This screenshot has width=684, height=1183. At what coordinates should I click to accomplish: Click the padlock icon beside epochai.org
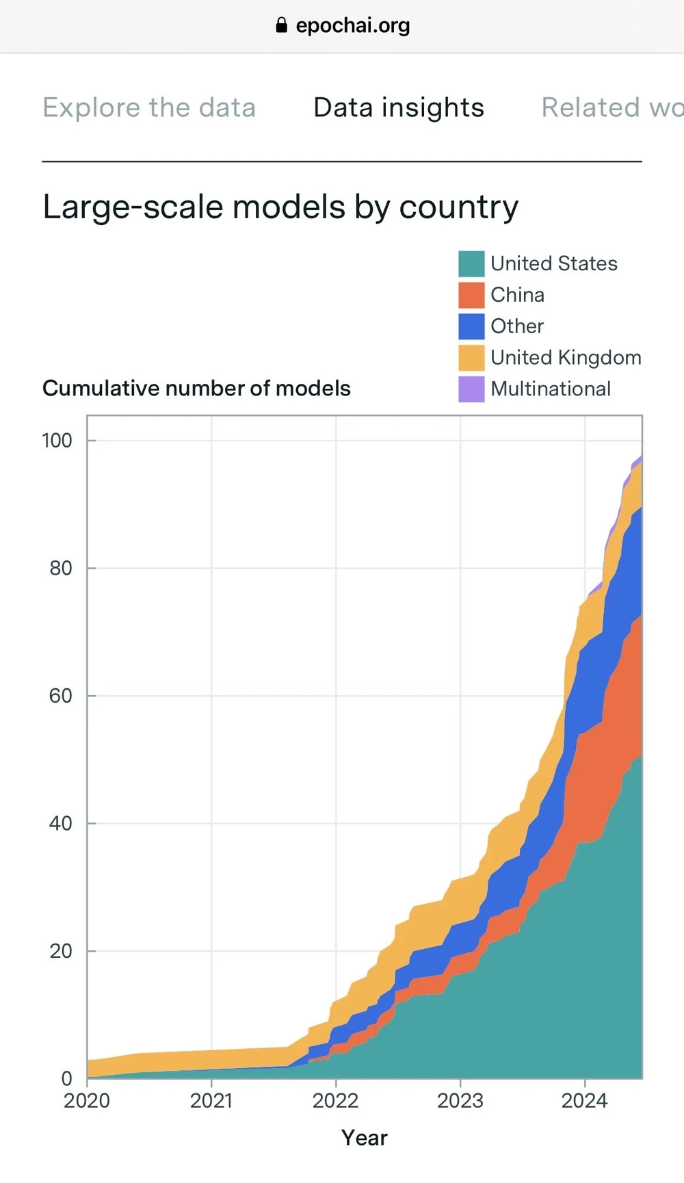[x=281, y=26]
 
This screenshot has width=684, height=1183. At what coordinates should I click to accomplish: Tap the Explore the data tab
[x=149, y=107]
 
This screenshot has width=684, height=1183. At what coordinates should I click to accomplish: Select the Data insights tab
[x=399, y=107]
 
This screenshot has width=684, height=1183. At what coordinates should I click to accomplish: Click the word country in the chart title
[x=458, y=207]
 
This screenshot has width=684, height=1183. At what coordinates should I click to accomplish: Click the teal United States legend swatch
[x=471, y=263]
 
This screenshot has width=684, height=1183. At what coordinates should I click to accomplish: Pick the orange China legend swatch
[x=471, y=295]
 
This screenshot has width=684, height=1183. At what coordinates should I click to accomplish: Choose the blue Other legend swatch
[x=471, y=326]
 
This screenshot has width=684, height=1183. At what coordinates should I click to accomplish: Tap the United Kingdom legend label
[x=566, y=358]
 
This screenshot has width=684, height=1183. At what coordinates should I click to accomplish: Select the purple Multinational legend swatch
[x=471, y=389]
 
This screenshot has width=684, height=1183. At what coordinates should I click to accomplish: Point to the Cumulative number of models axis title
[x=196, y=389]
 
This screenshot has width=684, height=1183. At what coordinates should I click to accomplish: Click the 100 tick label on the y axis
[x=57, y=441]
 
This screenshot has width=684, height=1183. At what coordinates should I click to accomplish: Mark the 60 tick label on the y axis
[x=60, y=696]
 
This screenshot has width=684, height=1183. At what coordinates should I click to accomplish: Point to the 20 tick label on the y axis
[x=60, y=951]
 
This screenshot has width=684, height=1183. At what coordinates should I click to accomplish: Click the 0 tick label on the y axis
[x=66, y=1079]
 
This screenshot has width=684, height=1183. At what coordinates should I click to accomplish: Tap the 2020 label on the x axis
[x=87, y=1101]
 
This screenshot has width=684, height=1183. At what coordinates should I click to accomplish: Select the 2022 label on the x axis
[x=335, y=1101]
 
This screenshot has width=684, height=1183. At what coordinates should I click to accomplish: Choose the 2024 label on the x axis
[x=584, y=1101]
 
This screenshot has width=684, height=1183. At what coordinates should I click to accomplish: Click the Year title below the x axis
[x=365, y=1138]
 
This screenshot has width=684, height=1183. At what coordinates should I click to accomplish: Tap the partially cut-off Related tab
[x=611, y=107]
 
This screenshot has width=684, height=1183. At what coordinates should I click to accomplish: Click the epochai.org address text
[x=353, y=26]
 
